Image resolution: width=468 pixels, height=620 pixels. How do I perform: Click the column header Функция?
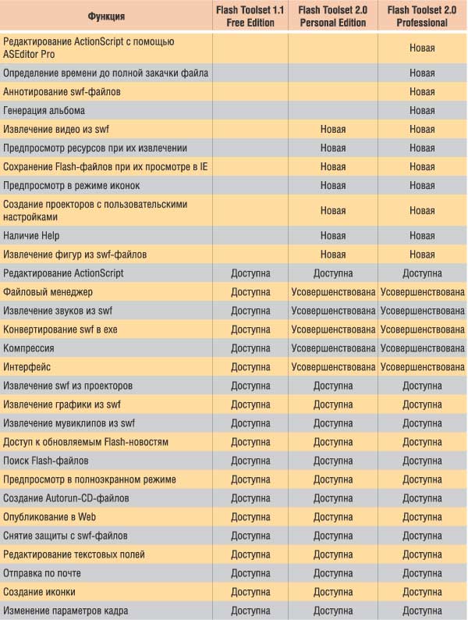[106, 16]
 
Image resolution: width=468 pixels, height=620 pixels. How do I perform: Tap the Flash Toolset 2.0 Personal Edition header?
[333, 16]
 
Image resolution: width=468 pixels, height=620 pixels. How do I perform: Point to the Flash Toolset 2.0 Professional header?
[422, 16]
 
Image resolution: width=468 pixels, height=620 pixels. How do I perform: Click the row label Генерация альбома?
[44, 111]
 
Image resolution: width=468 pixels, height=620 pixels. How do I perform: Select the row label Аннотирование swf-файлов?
[62, 92]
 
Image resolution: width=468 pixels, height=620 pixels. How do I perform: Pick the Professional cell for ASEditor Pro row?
[422, 48]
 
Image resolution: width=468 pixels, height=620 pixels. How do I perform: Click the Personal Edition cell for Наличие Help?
[333, 236]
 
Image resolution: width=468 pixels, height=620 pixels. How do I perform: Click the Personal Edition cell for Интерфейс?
[333, 367]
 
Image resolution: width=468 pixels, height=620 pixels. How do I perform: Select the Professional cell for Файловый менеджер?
[422, 292]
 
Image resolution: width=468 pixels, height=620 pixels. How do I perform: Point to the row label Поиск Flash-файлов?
[46, 461]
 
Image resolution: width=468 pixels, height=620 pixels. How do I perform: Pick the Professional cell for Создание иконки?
[422, 592]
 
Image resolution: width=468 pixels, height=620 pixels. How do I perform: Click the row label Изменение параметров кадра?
[66, 611]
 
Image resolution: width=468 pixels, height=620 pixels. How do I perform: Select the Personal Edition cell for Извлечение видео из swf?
[333, 130]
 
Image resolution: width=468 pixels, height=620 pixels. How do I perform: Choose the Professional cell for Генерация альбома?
[422, 111]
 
